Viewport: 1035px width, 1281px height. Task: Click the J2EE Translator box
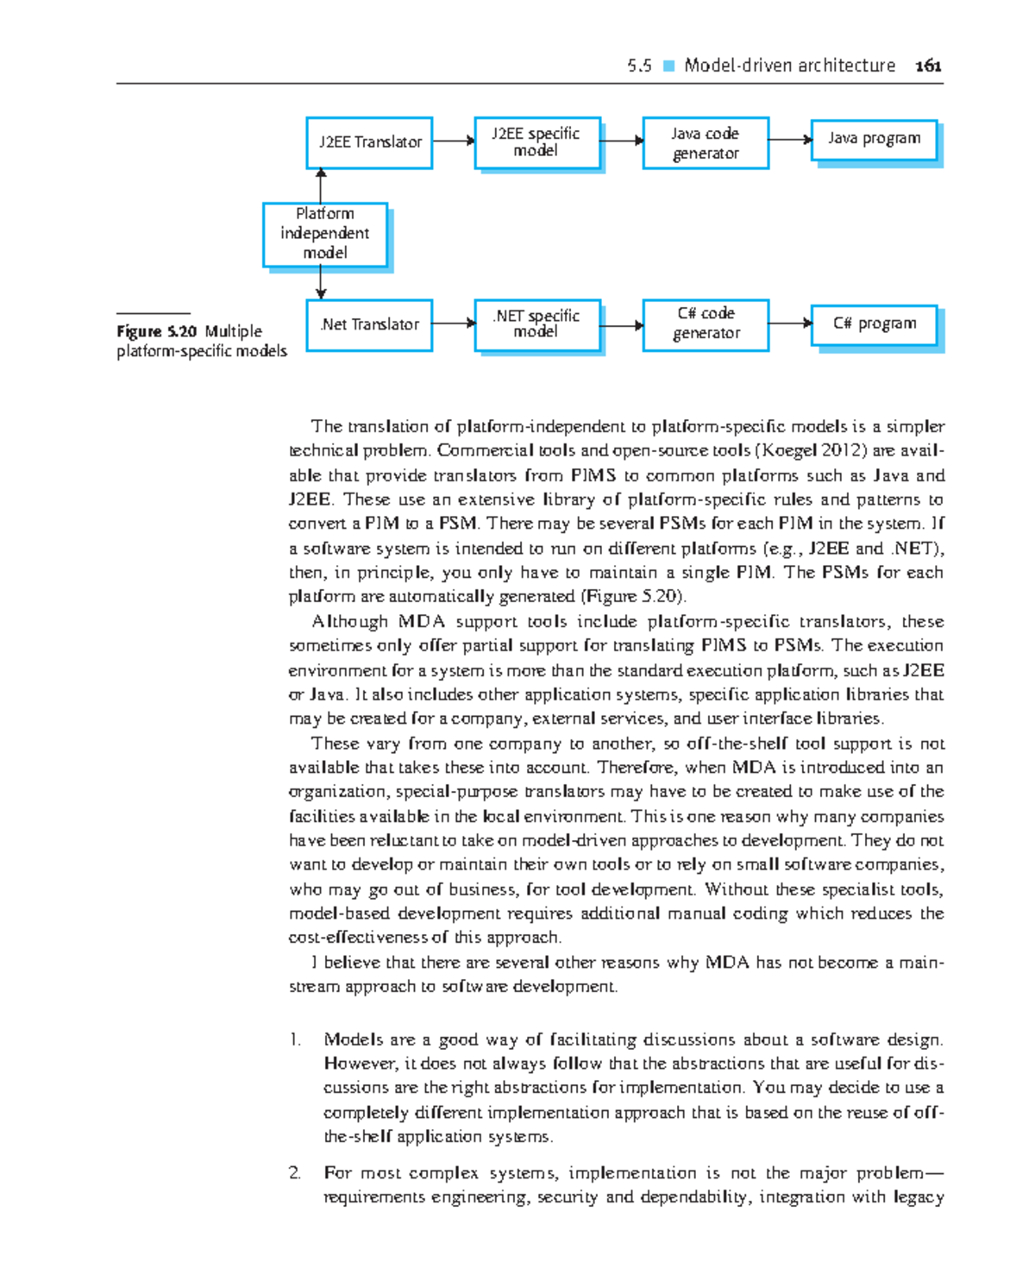click(x=369, y=142)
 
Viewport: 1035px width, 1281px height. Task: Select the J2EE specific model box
click(x=536, y=142)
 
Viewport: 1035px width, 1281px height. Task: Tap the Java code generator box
click(x=705, y=143)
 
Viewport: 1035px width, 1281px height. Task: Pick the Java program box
click(x=874, y=140)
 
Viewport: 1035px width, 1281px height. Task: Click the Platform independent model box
click(x=324, y=234)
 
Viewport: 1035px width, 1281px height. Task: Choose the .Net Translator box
click(x=369, y=325)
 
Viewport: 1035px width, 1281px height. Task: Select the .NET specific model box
click(x=536, y=324)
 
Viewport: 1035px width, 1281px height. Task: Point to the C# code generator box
click(x=705, y=324)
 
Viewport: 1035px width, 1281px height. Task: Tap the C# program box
click(x=874, y=324)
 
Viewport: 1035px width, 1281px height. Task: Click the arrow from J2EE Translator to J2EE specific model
click(x=454, y=141)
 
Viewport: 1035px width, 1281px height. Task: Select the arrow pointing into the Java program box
click(x=789, y=139)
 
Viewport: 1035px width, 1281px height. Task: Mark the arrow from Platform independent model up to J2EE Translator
click(x=321, y=185)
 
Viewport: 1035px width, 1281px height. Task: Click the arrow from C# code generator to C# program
click(x=789, y=323)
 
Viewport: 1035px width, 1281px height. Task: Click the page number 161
click(x=928, y=66)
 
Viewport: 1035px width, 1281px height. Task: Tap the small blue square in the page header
click(x=668, y=66)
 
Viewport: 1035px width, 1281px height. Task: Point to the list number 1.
click(x=295, y=1039)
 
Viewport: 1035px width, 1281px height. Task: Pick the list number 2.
click(x=295, y=1173)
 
